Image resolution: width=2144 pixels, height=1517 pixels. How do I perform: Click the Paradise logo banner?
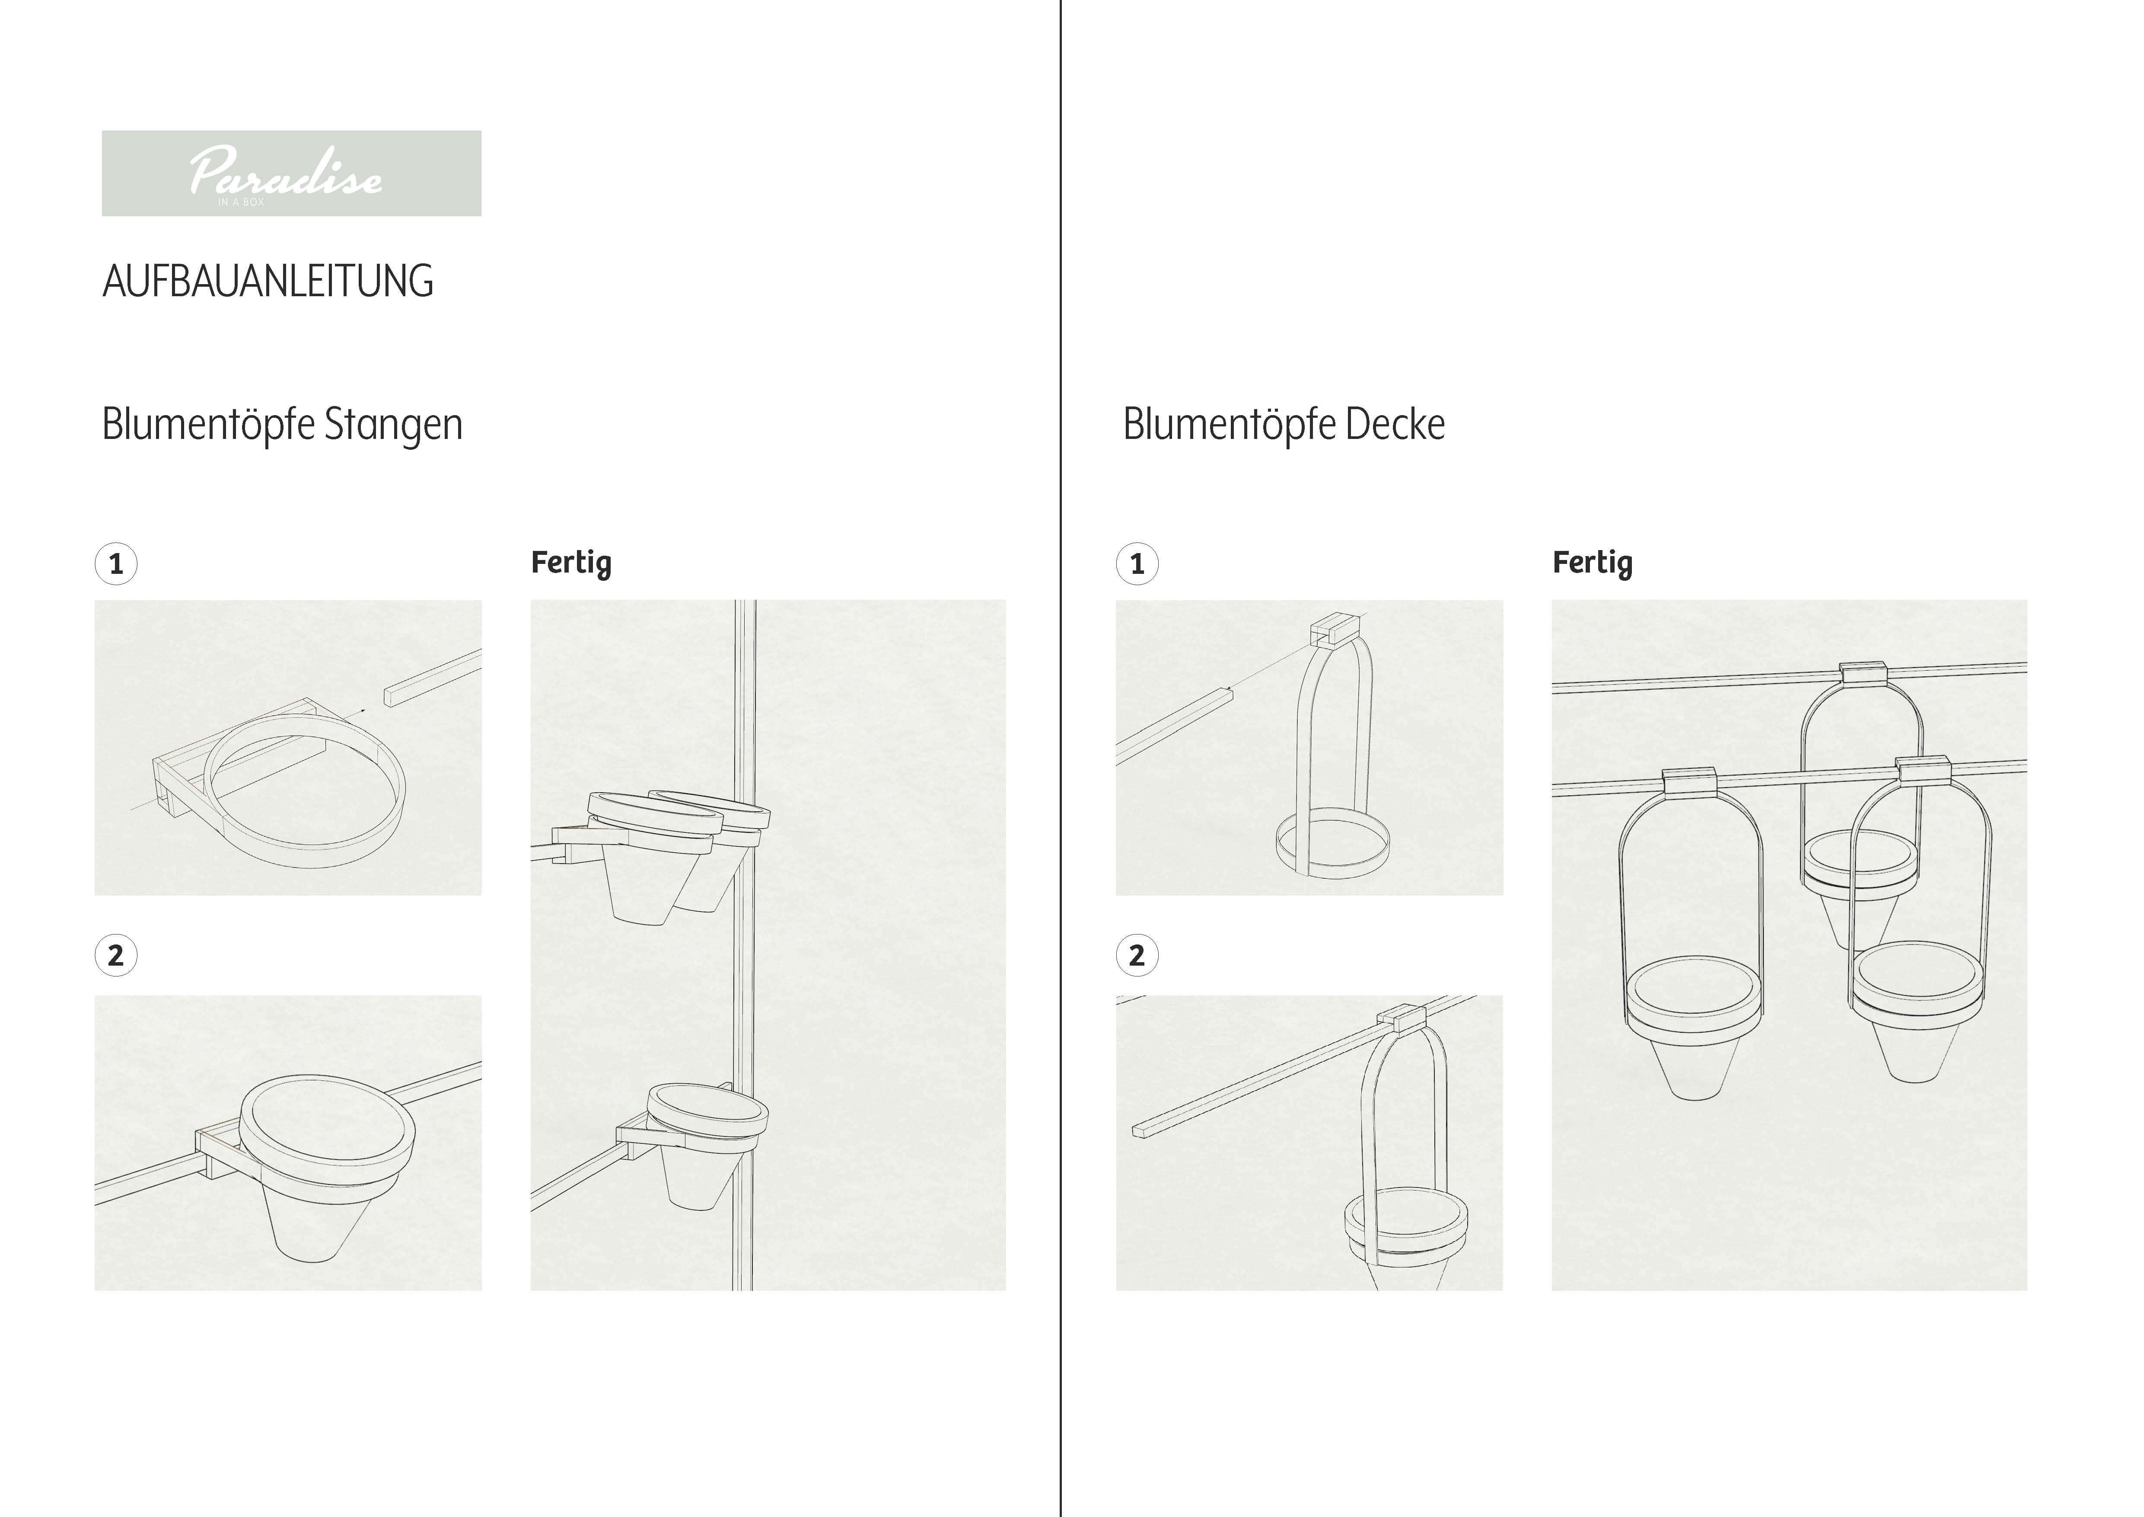point(291,174)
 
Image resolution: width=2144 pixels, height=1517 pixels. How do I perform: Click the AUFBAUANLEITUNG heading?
point(268,281)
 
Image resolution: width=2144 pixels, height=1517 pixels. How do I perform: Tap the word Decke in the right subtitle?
point(1395,424)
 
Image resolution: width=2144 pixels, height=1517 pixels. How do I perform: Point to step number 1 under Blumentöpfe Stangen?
point(116,564)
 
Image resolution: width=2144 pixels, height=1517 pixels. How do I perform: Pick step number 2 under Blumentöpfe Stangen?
point(116,956)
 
